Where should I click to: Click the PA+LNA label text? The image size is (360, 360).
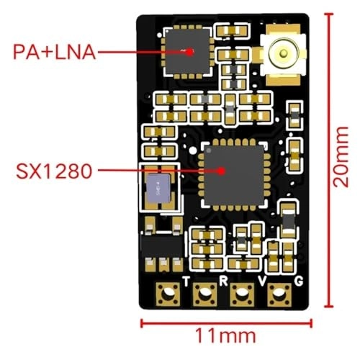click(x=55, y=52)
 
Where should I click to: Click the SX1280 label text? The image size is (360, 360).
click(x=54, y=171)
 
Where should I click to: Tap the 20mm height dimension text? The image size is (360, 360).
click(x=341, y=157)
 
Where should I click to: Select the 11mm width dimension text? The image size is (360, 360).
click(x=226, y=336)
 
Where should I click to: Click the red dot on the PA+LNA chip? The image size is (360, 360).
click(x=190, y=52)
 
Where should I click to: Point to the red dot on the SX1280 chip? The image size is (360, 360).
click(x=221, y=171)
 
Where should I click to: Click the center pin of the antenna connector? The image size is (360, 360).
click(x=284, y=53)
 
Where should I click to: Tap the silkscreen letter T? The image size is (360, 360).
click(x=186, y=281)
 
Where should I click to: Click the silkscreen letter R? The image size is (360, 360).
click(x=223, y=281)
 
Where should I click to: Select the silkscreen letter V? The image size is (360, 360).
click(x=262, y=281)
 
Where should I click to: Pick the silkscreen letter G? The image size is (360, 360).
click(x=299, y=282)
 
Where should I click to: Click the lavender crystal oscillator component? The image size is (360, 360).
click(x=159, y=188)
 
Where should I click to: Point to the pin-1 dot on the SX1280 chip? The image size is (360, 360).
click(x=208, y=151)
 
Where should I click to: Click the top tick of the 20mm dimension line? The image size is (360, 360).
click(x=328, y=14)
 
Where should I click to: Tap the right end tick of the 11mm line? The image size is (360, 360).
click(x=311, y=323)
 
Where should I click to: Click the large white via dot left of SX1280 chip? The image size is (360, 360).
click(x=193, y=150)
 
